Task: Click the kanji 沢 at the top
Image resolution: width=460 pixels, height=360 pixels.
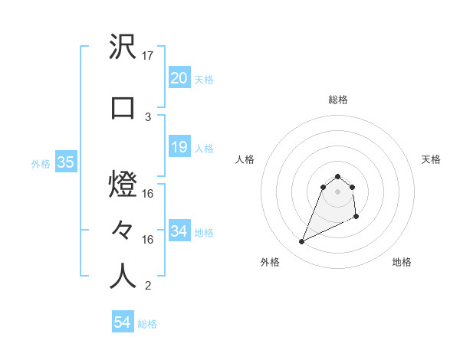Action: coord(123,48)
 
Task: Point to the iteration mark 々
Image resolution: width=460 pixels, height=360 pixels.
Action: coord(123,229)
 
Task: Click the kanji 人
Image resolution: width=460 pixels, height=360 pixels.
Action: coord(123,276)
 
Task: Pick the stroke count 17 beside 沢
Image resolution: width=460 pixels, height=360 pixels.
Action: coord(148,56)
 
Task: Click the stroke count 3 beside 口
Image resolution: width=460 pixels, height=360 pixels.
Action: coord(148,116)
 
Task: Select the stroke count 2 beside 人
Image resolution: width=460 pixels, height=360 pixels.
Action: coord(148,286)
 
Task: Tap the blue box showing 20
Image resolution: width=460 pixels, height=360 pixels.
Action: coord(179,78)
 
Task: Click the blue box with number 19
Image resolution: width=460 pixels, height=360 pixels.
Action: coord(179,147)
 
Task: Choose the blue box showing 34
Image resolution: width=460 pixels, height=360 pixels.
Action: coord(179,231)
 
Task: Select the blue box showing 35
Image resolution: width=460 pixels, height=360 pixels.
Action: coord(65,162)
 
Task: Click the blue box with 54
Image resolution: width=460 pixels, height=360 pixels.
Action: coord(122,323)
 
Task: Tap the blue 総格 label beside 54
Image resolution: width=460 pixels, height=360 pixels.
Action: coord(147,324)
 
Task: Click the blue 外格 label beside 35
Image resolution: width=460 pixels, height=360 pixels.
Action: coord(41,163)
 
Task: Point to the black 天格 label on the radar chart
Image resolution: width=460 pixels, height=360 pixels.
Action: coord(432,159)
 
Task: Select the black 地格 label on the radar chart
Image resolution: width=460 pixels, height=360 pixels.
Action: coord(402,262)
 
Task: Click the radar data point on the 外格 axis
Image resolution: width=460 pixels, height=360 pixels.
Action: coord(302,242)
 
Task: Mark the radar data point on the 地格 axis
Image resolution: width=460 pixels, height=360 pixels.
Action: coord(357,218)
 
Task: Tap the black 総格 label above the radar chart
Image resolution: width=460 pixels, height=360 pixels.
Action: coord(337,100)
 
